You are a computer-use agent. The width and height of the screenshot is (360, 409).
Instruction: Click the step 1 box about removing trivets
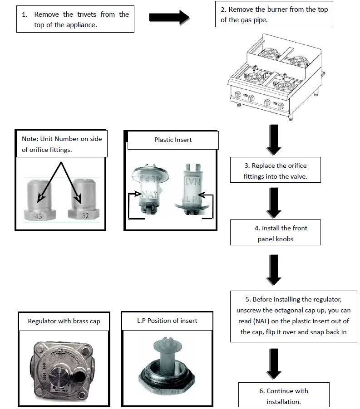tap(75, 19)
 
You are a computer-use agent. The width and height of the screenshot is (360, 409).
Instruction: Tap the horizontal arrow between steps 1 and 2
tap(169, 18)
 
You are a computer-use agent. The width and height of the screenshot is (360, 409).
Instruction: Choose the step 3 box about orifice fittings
tap(275, 171)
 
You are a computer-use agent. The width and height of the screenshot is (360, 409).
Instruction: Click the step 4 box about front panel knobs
tap(275, 233)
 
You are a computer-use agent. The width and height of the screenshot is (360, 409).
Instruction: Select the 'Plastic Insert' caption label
tap(173, 140)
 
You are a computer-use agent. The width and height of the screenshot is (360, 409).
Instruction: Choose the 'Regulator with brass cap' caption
tap(64, 321)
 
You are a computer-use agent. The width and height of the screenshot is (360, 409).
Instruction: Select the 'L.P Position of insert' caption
tap(167, 321)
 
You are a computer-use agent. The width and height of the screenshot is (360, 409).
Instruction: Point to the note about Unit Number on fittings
tap(62, 144)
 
